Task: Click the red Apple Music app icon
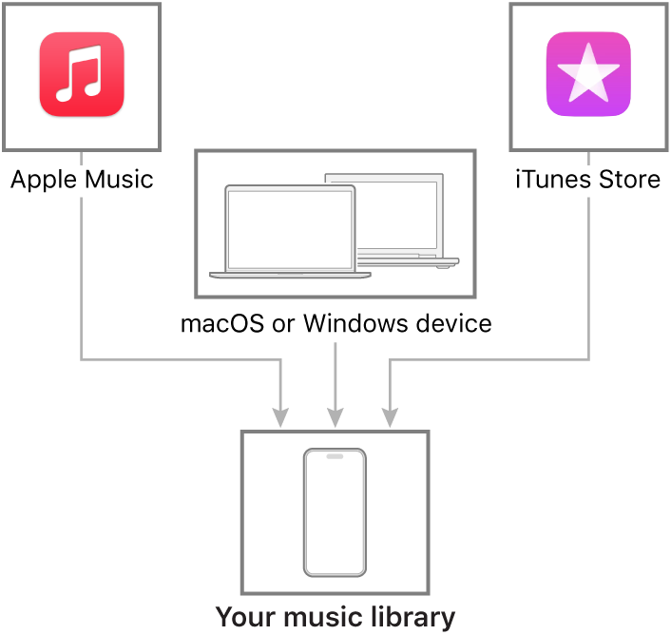[x=82, y=75]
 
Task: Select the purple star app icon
[x=588, y=75]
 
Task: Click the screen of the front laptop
[x=289, y=230]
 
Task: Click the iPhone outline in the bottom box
[x=335, y=512]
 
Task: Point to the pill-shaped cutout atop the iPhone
[x=335, y=456]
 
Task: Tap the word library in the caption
[x=416, y=617]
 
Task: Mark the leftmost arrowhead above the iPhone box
[x=280, y=416]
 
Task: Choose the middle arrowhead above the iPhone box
[x=335, y=416]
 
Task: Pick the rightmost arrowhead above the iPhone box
[x=390, y=416]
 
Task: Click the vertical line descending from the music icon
[x=81, y=276]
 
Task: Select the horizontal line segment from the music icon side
[x=181, y=359]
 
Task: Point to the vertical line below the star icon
[x=589, y=276]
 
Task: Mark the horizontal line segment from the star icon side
[x=489, y=359]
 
